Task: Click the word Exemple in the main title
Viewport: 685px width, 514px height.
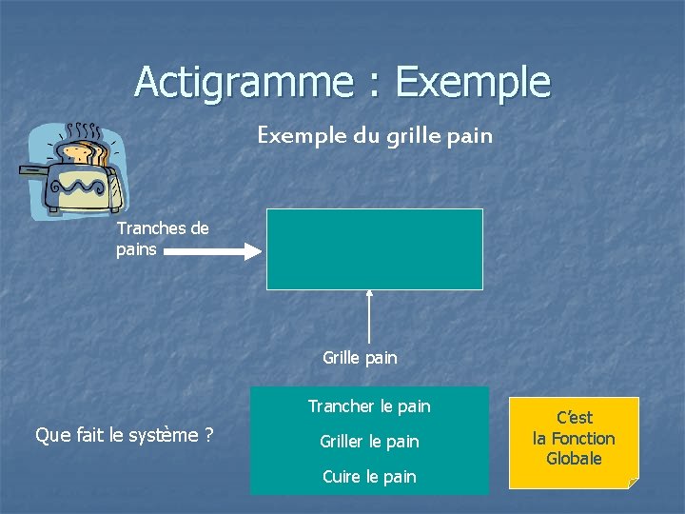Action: (x=473, y=82)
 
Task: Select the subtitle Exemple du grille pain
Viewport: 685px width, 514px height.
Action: (x=375, y=135)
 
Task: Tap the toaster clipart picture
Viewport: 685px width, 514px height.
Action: (x=74, y=171)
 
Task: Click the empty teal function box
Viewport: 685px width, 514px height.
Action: (x=374, y=248)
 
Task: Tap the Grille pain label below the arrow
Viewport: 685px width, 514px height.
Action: (x=360, y=358)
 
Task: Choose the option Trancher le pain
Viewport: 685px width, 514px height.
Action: (x=369, y=406)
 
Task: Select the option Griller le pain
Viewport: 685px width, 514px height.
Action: (x=369, y=442)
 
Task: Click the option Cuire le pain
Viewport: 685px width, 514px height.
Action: (x=369, y=477)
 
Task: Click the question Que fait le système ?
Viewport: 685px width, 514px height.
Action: (x=123, y=435)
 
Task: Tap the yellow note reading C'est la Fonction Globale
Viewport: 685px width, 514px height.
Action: (x=574, y=442)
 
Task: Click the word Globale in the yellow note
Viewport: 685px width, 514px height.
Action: (x=574, y=459)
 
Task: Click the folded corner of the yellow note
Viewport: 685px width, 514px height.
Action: (x=632, y=483)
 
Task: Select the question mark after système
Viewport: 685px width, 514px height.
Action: (x=207, y=435)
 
